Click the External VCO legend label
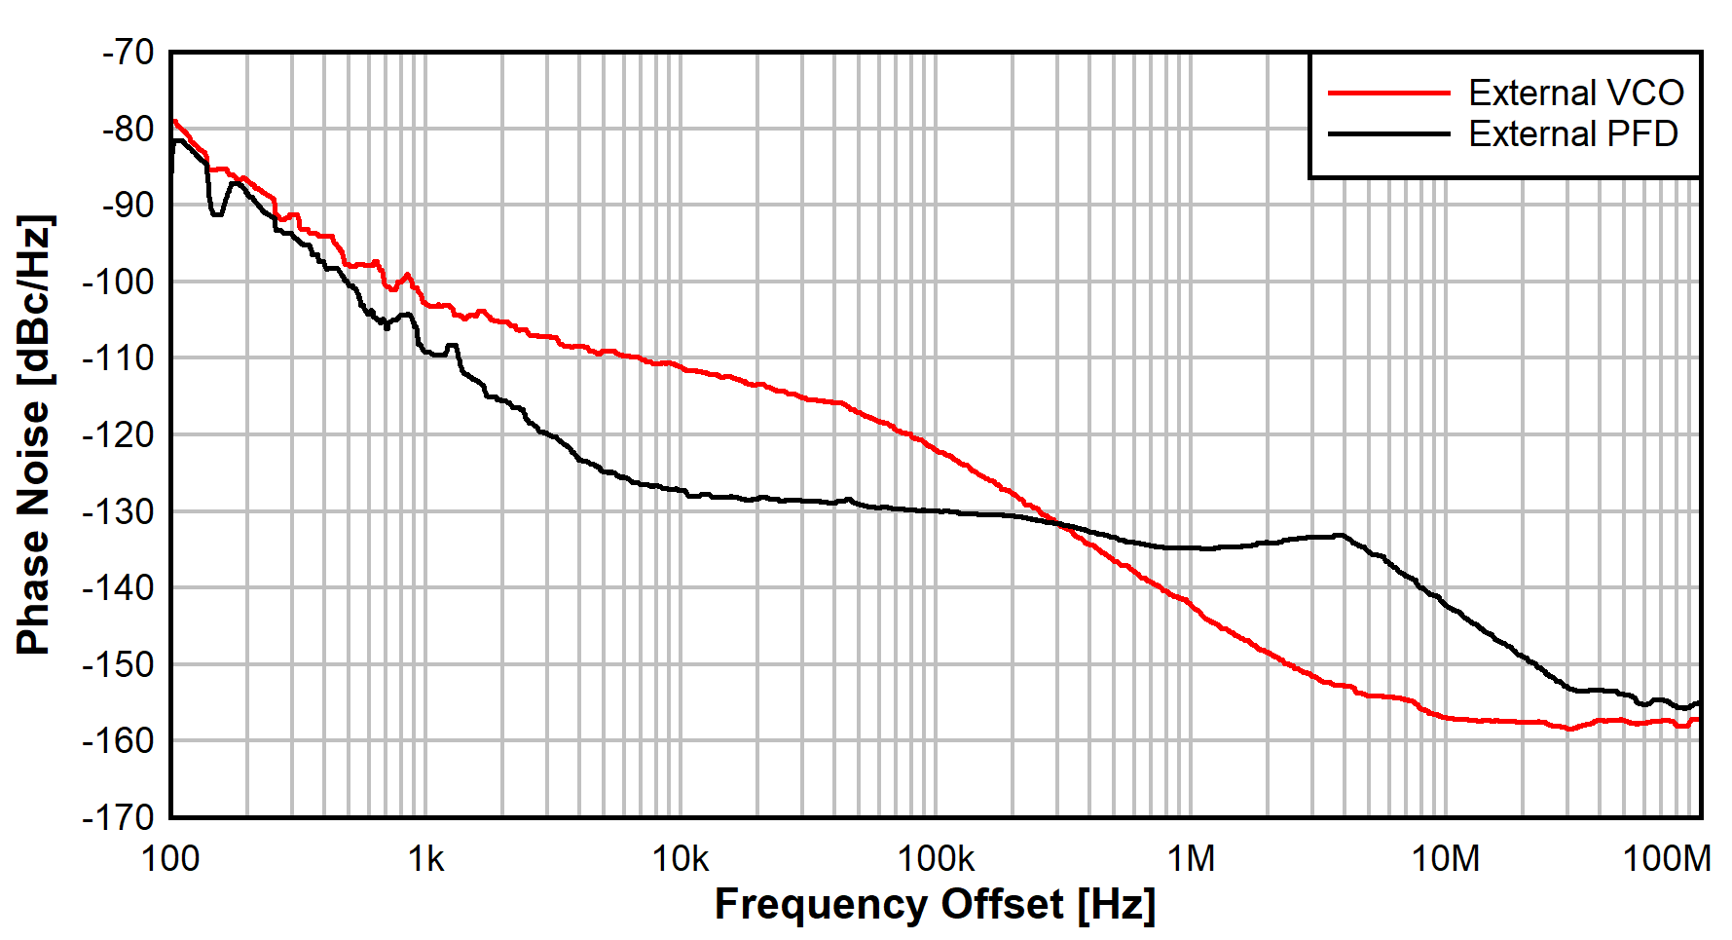pos(1575,93)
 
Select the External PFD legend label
pos(1572,133)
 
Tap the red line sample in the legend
pos(1389,93)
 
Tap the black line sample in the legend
pos(1389,133)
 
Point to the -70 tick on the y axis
pos(129,52)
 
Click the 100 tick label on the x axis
pos(170,859)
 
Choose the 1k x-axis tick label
pos(425,859)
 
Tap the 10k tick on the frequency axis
pos(681,859)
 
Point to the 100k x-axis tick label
pos(936,859)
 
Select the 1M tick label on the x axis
pos(1191,859)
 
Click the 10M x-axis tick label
pos(1446,859)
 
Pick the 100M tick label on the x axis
pos(1666,859)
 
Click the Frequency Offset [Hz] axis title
pos(935,904)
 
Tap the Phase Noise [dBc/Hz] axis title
pos(34,434)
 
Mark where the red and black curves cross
pos(1058,523)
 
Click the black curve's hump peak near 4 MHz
pos(1341,535)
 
